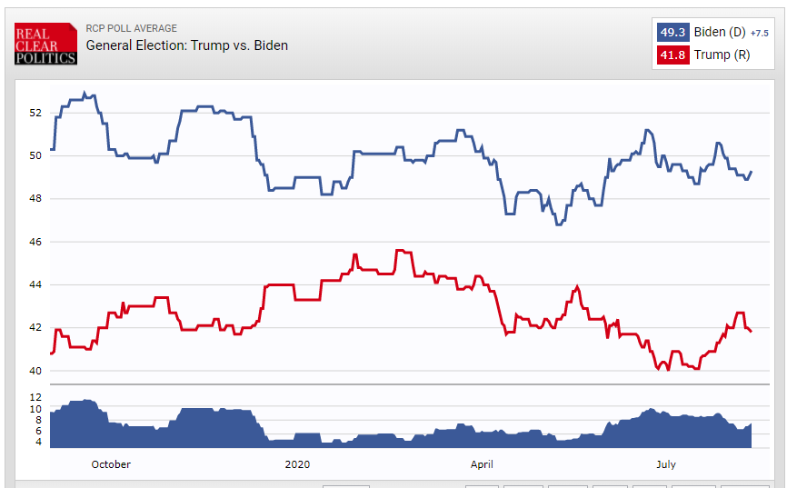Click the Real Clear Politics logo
pos(45,45)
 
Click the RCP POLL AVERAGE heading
pos(132,28)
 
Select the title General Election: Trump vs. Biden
pos(187,45)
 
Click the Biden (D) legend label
pos(720,32)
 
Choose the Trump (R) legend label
pos(722,55)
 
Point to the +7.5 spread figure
pos(760,33)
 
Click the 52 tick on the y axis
pos(35,113)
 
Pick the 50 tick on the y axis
pos(35,155)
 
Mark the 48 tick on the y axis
pos(35,199)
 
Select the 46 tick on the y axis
pos(35,242)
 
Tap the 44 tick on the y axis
pos(35,284)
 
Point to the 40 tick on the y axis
pos(35,371)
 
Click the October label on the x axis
pos(111,464)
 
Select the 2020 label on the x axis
pos(297,464)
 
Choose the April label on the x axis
pos(483,464)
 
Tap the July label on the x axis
pos(666,464)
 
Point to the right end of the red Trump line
pos(751,332)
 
